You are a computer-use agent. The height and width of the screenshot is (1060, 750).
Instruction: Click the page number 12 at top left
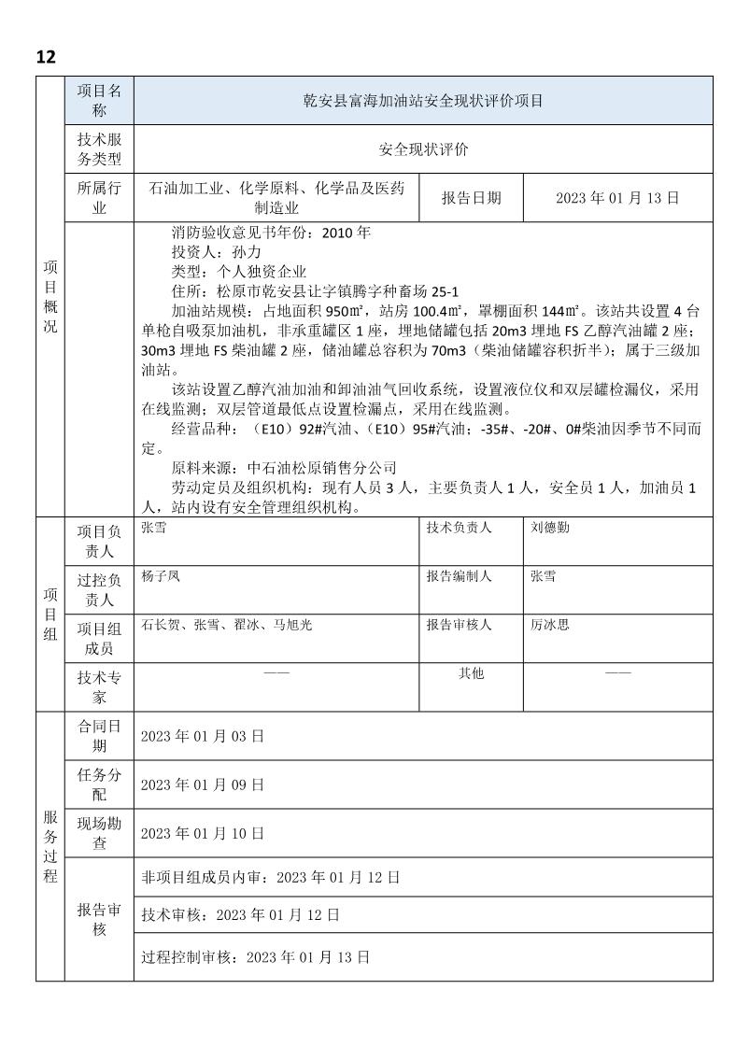46,57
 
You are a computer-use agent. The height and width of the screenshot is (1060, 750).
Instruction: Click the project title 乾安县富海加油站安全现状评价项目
424,101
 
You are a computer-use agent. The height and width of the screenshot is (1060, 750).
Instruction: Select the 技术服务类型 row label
99,149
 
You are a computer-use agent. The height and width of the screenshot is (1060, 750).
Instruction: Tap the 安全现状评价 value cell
424,149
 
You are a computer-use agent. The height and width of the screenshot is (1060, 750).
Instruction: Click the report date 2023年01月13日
616,198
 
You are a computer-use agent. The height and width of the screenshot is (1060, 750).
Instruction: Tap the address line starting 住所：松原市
315,291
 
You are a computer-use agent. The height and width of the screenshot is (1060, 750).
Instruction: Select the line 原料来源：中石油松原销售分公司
284,468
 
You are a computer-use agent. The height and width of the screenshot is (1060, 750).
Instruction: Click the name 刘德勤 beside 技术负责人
550,528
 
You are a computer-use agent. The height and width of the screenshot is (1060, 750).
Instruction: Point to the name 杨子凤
161,576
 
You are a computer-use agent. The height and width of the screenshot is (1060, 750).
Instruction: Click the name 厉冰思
550,625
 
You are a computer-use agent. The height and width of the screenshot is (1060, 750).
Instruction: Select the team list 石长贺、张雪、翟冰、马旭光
226,625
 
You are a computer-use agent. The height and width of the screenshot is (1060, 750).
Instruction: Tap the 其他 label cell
471,673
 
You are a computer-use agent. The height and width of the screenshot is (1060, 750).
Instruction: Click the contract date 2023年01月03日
203,736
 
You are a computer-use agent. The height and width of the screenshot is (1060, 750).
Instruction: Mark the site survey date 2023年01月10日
203,833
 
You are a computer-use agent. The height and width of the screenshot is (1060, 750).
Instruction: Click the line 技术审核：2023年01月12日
240,914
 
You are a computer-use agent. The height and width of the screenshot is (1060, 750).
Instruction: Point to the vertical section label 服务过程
50,846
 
